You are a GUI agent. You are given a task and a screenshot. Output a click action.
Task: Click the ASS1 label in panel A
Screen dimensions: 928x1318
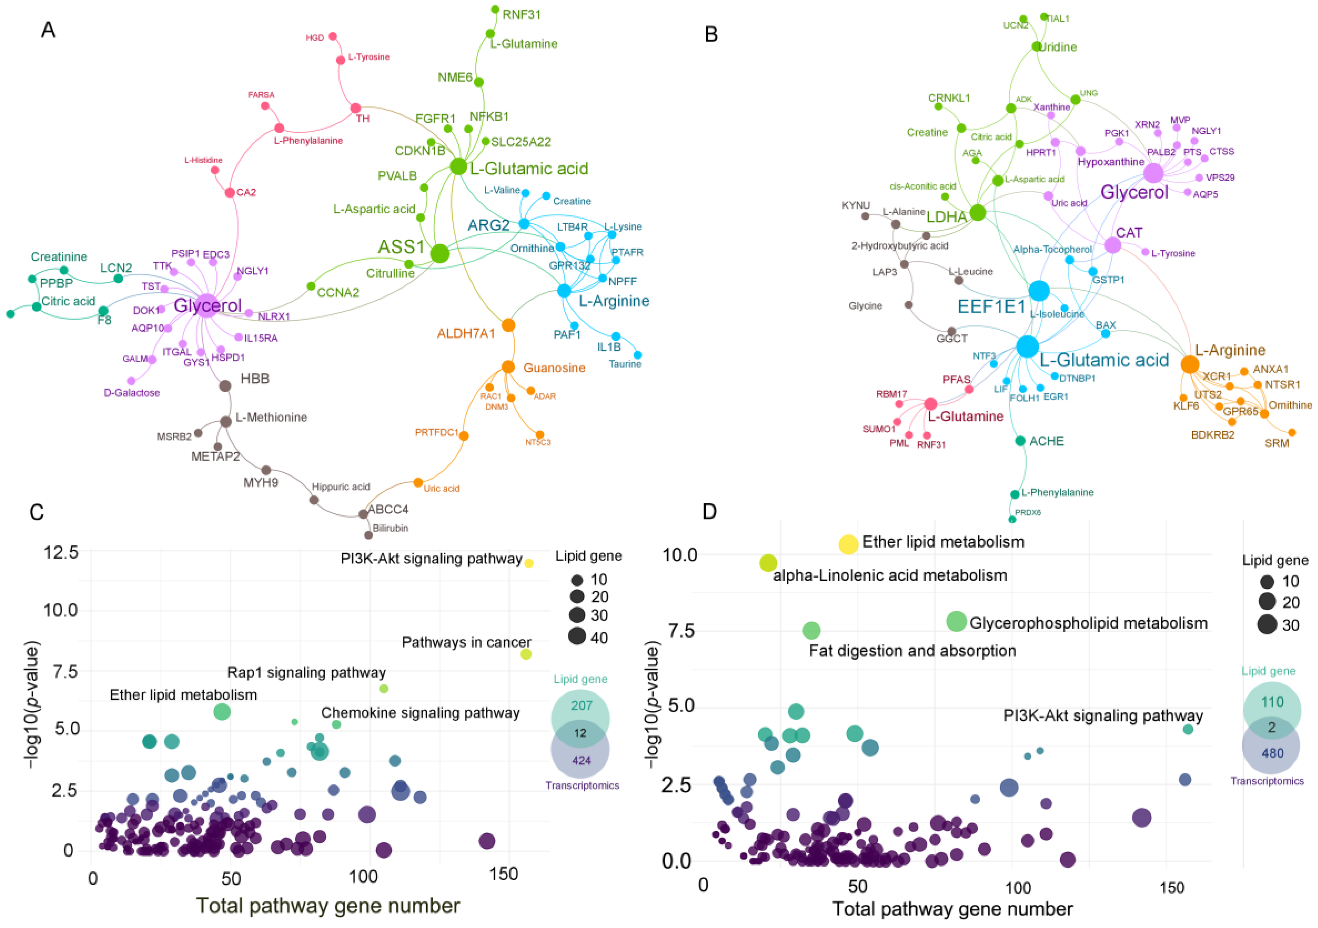click(401, 247)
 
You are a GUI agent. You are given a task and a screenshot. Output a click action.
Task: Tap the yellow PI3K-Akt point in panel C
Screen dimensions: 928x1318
click(529, 563)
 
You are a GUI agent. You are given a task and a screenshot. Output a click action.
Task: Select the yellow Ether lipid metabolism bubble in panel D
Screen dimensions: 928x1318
click(849, 544)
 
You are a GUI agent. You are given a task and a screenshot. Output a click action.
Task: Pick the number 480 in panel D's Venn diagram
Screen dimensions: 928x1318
click(1272, 753)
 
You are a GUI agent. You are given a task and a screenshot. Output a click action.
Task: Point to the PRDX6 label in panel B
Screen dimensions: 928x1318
click(1028, 512)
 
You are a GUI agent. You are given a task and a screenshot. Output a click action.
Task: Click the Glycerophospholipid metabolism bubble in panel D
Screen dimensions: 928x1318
click(956, 621)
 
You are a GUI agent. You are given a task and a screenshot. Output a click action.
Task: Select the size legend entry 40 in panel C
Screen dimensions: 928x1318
click(599, 638)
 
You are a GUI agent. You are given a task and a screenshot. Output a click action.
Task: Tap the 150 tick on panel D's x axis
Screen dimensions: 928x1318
click(1171, 888)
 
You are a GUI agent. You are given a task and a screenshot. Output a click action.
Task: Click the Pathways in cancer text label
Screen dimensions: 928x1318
click(466, 642)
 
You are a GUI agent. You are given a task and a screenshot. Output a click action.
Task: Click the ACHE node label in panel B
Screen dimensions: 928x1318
click(1046, 441)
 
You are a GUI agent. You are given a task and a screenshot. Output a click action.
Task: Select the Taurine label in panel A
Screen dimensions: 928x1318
click(625, 364)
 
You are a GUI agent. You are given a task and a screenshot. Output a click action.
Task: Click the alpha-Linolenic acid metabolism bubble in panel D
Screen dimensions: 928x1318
click(768, 563)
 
